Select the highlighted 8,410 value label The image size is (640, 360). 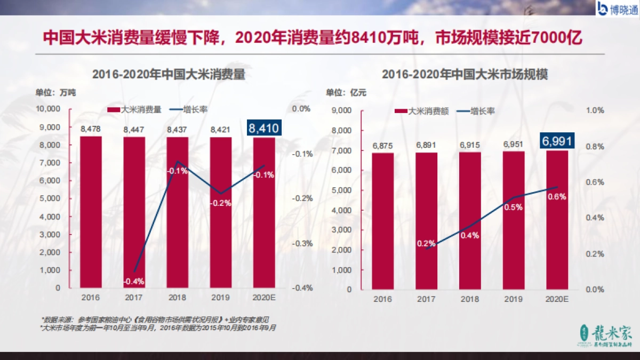[263, 128]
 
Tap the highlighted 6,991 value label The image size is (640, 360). [557, 141]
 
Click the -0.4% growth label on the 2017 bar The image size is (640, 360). [134, 281]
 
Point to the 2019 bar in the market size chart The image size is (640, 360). [513, 224]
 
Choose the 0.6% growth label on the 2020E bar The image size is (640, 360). [557, 196]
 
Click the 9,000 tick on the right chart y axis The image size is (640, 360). [342, 110]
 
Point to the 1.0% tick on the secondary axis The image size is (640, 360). [595, 110]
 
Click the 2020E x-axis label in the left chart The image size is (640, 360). [263, 298]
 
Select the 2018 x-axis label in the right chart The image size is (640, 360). [470, 300]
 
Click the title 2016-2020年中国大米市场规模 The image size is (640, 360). [465, 74]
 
